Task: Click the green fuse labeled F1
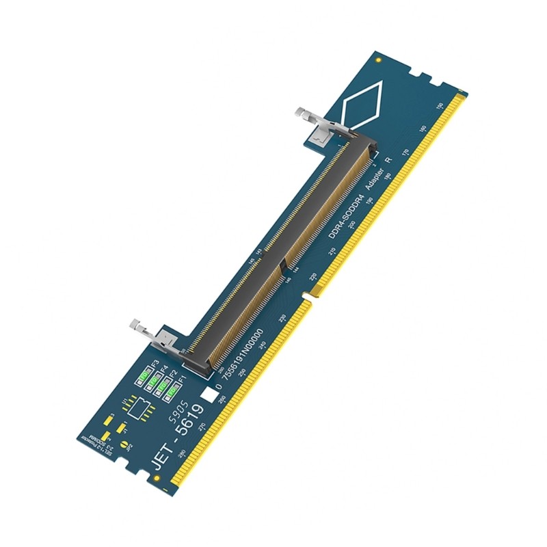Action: (x=172, y=392)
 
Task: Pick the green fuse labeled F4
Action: (x=155, y=380)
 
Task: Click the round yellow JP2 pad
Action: (x=124, y=444)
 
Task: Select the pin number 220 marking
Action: (x=313, y=277)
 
